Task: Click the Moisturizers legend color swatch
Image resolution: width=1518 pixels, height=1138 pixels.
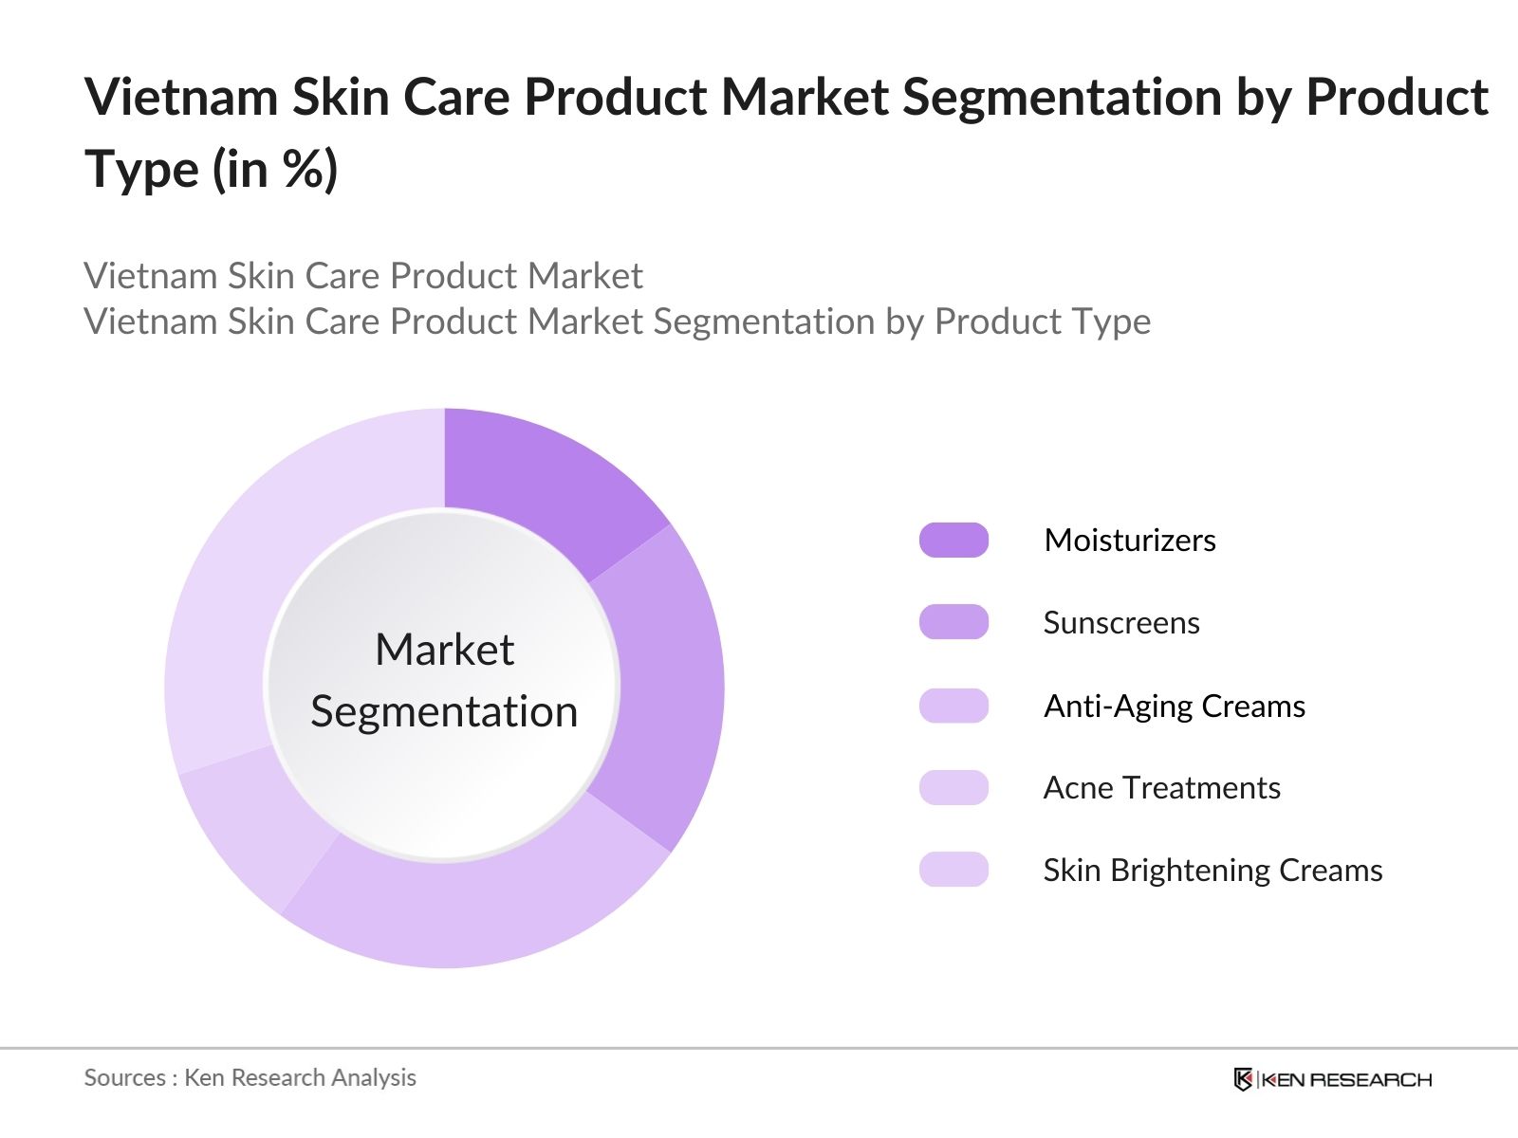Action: pyautogui.click(x=953, y=540)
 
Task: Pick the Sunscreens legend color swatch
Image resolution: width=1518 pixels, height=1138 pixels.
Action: pyautogui.click(x=953, y=622)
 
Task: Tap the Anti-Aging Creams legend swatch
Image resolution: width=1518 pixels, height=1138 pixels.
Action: pyautogui.click(x=953, y=706)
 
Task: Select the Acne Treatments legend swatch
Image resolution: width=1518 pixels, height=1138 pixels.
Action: pyautogui.click(x=953, y=787)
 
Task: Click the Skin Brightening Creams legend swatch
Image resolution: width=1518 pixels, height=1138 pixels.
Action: pyautogui.click(x=953, y=870)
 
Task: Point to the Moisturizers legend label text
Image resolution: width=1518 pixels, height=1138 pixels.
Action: pyautogui.click(x=1129, y=540)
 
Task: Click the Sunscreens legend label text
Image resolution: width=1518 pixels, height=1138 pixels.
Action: pyautogui.click(x=1121, y=622)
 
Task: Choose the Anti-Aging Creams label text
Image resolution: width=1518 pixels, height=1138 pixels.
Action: pyautogui.click(x=1174, y=706)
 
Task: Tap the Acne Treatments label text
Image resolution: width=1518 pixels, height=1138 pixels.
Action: pyautogui.click(x=1161, y=787)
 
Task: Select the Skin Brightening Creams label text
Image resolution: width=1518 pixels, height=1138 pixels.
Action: pyautogui.click(x=1213, y=870)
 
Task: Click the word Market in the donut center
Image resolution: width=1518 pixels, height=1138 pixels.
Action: pyautogui.click(x=444, y=651)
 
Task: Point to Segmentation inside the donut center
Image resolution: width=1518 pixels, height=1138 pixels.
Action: pyautogui.click(x=444, y=711)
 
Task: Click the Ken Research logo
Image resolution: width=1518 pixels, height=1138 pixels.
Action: pyautogui.click(x=1332, y=1079)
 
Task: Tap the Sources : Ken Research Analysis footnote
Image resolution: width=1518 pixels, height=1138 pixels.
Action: pyautogui.click(x=250, y=1077)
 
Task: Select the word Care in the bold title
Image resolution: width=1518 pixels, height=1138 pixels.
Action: pyautogui.click(x=459, y=98)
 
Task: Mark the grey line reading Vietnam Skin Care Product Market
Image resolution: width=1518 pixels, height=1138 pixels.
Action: pyautogui.click(x=363, y=276)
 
